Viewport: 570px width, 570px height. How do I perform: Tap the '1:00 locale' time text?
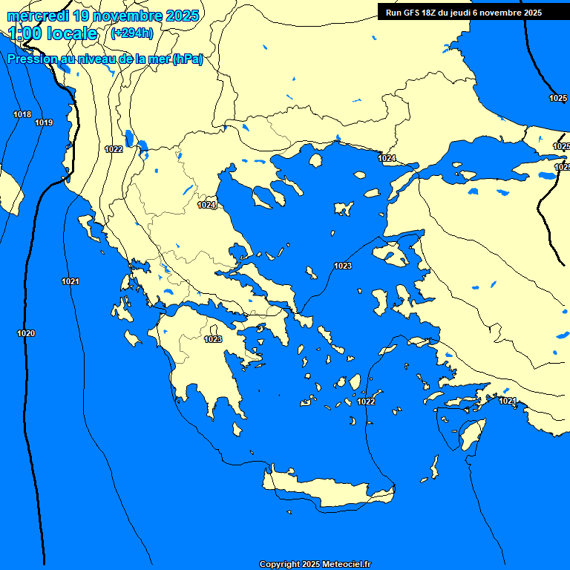[53, 33]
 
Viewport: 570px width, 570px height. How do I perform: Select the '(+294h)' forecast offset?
[132, 33]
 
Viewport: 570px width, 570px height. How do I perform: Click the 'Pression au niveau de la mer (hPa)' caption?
[105, 59]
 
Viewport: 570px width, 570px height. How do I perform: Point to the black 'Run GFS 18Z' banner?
[464, 13]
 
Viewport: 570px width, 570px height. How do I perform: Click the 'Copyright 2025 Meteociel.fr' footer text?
[315, 564]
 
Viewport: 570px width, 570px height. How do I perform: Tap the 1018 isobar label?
[22, 114]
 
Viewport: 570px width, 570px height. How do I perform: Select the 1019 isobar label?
[44, 122]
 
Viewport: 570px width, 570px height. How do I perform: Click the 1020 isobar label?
[26, 333]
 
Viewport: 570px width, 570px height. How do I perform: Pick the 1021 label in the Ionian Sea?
[71, 281]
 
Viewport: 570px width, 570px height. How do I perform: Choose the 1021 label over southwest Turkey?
[508, 401]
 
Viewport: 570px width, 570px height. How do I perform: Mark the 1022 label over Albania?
[114, 149]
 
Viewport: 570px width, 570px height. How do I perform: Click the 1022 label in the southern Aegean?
[366, 402]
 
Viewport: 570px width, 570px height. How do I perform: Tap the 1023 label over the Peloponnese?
[213, 339]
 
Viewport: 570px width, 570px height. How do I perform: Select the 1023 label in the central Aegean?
[343, 266]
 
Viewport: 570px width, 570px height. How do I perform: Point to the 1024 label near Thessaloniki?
[207, 205]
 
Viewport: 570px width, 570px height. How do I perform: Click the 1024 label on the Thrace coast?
[387, 158]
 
